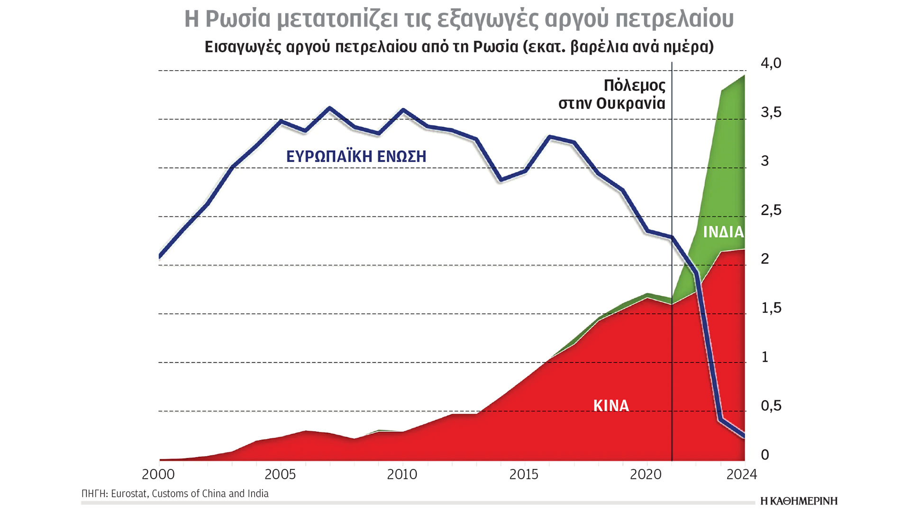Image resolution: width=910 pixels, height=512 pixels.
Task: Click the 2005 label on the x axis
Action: (x=280, y=475)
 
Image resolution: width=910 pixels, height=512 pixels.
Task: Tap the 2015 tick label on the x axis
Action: (x=524, y=475)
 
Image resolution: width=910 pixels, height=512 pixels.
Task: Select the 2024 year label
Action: (x=742, y=475)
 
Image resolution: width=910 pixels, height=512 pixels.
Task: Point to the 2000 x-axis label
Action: (x=158, y=475)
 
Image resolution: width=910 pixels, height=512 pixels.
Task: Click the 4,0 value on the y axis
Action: (x=771, y=63)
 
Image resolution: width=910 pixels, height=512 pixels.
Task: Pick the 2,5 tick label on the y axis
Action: (x=771, y=210)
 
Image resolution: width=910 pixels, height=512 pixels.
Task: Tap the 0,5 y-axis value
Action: (x=771, y=406)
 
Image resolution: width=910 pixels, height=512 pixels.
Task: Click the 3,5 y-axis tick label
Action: (x=771, y=112)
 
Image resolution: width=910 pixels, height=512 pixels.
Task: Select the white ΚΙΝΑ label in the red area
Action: (x=611, y=406)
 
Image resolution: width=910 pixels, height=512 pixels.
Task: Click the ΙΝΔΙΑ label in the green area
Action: (x=723, y=232)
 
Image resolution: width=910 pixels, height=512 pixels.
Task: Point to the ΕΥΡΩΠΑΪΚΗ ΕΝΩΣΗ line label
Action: (x=356, y=156)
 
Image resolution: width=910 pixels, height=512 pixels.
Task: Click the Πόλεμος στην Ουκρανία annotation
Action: (x=612, y=94)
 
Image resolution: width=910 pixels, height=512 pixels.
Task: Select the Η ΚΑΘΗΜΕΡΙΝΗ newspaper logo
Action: (x=799, y=501)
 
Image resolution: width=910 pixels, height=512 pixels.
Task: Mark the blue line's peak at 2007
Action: (x=330, y=108)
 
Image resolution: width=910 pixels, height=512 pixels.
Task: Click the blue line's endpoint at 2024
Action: (x=744, y=436)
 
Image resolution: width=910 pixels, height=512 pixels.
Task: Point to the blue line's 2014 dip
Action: (x=501, y=180)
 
